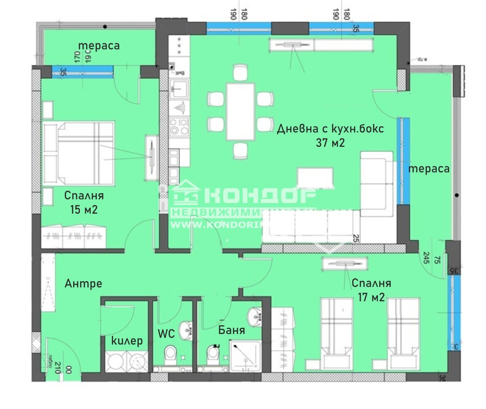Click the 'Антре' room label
click(x=83, y=284)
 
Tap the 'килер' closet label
click(x=127, y=340)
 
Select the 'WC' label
click(x=166, y=334)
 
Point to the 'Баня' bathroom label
click(x=232, y=330)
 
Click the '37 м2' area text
click(x=330, y=142)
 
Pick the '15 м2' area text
click(x=84, y=210)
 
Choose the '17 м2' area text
click(x=371, y=297)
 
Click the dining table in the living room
click(x=241, y=111)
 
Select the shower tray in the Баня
click(x=246, y=356)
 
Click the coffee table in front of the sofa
click(x=315, y=178)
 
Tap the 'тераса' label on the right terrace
click(x=429, y=169)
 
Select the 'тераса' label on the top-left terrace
click(x=99, y=46)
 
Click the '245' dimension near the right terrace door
click(x=426, y=258)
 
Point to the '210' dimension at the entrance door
click(x=57, y=367)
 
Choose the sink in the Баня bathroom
click(x=255, y=317)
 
